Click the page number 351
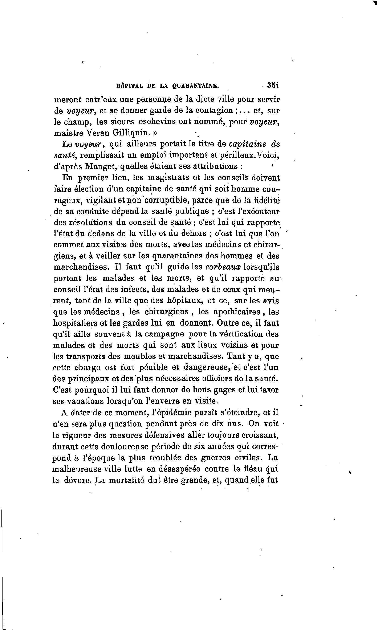pos(273,85)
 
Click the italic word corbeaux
pos(223,267)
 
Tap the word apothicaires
pos(237,312)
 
